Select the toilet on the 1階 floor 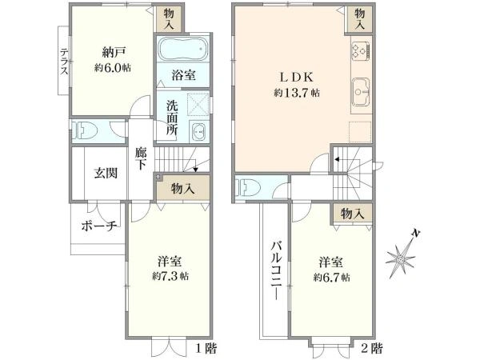[x=84, y=132]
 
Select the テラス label [x=64, y=62]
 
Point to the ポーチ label [x=99, y=226]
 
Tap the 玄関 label [x=106, y=174]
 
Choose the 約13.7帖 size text [x=297, y=93]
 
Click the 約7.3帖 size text [x=170, y=276]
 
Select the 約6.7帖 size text [x=331, y=277]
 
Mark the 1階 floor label [x=206, y=348]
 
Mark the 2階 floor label [x=372, y=348]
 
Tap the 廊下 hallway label [x=141, y=158]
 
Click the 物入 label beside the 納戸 [x=169, y=18]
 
